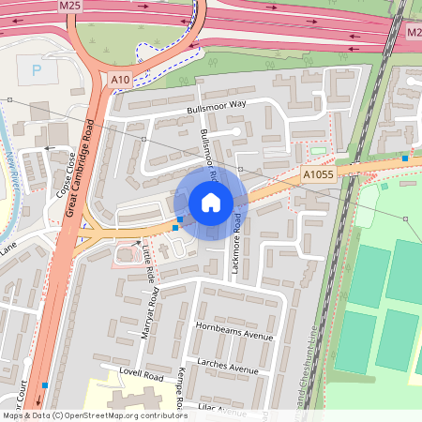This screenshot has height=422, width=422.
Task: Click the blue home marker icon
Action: (211, 203)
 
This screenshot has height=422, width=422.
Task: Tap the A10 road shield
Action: (120, 81)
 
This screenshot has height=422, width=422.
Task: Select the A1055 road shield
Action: (317, 174)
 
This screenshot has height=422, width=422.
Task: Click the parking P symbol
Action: (37, 69)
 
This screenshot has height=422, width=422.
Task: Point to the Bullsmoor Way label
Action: (215, 108)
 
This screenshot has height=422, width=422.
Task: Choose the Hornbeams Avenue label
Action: (234, 335)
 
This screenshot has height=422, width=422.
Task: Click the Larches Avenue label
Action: (227, 365)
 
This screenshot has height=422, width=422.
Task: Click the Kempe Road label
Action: (177, 388)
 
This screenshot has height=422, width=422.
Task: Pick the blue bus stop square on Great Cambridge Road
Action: (45, 384)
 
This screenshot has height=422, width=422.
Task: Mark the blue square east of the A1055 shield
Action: (405, 158)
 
